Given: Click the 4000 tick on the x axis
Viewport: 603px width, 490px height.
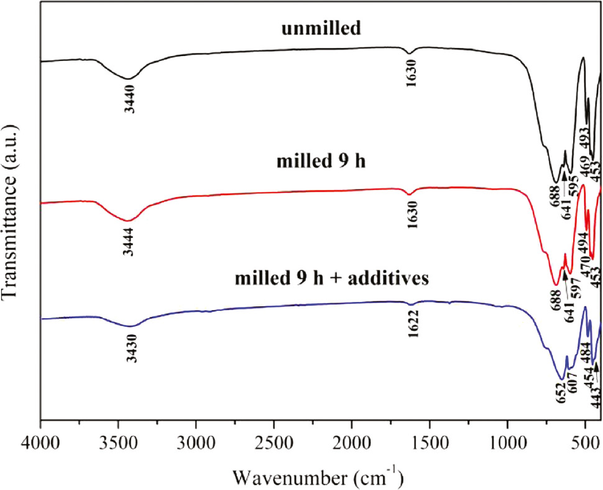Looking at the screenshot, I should [x=40, y=446].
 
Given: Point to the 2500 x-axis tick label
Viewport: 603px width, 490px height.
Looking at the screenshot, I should [x=274, y=446].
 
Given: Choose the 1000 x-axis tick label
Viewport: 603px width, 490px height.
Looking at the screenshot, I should [x=507, y=446].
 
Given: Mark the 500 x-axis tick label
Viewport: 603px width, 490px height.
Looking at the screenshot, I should [x=584, y=446].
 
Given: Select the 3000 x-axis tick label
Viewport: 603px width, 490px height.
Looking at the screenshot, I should [x=196, y=446].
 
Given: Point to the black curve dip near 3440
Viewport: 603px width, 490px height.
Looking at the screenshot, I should [x=128, y=78].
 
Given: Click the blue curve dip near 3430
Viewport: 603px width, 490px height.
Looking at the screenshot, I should [x=131, y=326].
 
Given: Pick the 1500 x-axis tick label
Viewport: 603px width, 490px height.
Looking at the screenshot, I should [x=430, y=446].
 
